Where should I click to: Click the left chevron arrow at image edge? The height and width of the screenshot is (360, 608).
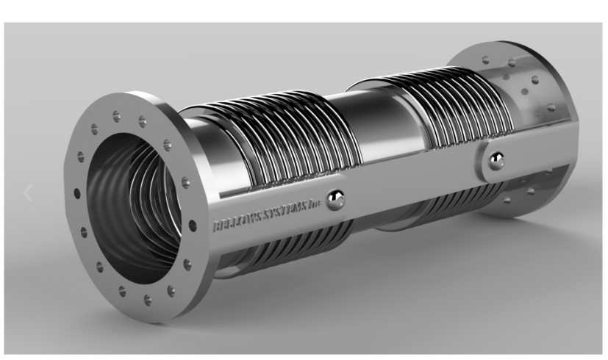28,193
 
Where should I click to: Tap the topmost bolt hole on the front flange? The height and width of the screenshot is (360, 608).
117,115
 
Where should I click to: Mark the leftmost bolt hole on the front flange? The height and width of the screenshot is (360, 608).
76,193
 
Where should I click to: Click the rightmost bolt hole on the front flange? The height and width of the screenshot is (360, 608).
193,226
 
